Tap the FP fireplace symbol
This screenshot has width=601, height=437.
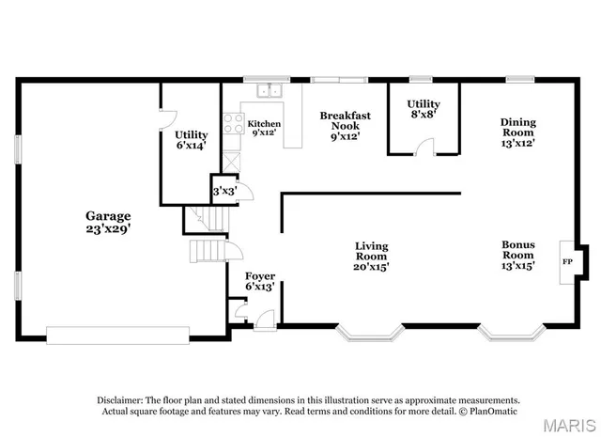(x=567, y=260)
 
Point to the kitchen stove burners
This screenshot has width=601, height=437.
(x=231, y=123)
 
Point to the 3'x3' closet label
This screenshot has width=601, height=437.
(x=224, y=191)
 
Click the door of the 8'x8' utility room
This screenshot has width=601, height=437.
(x=425, y=145)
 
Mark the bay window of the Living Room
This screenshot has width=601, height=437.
(x=371, y=333)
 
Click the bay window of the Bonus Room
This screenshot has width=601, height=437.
(x=512, y=333)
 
